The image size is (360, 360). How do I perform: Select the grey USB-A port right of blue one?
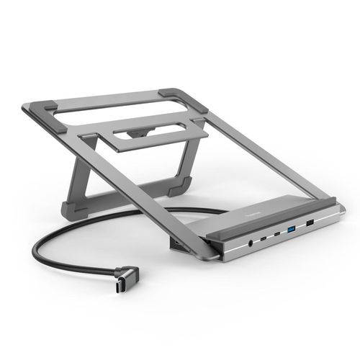coord(311,225)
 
